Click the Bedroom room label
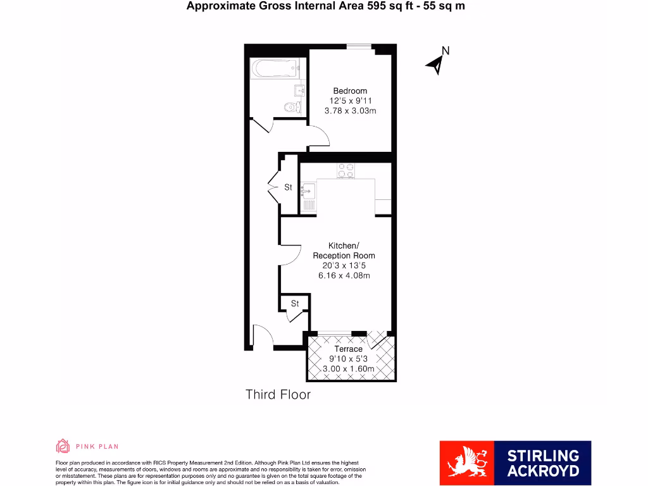click(x=350, y=91)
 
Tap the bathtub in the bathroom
click(x=275, y=67)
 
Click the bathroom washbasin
click(x=300, y=90)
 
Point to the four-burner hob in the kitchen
click(x=346, y=170)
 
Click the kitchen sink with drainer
click(x=308, y=195)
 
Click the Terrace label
click(x=349, y=349)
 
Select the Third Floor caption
click(x=278, y=395)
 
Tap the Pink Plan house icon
click(x=63, y=446)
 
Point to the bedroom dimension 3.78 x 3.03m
click(x=350, y=111)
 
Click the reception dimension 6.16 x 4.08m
click(x=344, y=275)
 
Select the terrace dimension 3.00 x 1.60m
click(x=349, y=369)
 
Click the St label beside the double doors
click(x=288, y=187)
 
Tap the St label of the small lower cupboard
click(x=295, y=304)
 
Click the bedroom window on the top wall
click(x=359, y=46)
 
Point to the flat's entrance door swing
click(x=261, y=335)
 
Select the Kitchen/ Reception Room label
click(x=344, y=251)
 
